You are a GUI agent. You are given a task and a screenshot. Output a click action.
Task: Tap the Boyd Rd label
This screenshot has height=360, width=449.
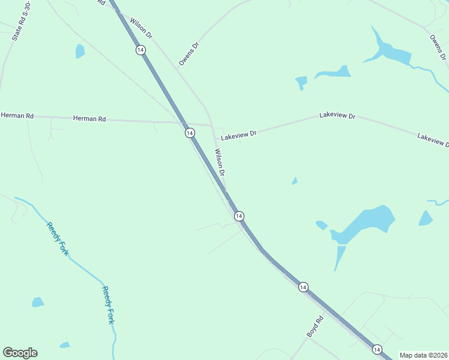(x=315, y=325)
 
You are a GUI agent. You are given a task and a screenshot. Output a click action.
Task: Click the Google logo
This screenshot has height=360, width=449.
(x=20, y=353)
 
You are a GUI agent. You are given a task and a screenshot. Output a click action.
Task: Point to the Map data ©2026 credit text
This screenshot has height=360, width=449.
(x=423, y=355)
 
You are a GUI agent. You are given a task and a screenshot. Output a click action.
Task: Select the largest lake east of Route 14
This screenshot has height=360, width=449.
(x=366, y=223)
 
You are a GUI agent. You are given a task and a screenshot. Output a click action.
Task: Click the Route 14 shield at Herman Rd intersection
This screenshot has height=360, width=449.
(x=189, y=133)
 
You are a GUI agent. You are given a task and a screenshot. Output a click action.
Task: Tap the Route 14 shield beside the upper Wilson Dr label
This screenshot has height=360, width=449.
(x=140, y=50)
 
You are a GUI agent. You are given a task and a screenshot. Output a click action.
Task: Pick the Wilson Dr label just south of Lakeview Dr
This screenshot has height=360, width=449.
(x=220, y=162)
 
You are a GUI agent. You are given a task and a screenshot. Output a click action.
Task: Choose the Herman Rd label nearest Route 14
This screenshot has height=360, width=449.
(x=89, y=119)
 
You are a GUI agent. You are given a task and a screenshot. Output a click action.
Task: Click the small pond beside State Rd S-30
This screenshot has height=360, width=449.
(x=80, y=52)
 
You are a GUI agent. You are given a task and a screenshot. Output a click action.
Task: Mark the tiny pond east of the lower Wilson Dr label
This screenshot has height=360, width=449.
(x=294, y=181)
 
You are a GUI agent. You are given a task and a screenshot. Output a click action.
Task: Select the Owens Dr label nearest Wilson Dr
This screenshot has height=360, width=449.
(x=188, y=53)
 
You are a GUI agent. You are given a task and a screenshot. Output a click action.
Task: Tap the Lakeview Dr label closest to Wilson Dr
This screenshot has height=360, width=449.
(x=238, y=136)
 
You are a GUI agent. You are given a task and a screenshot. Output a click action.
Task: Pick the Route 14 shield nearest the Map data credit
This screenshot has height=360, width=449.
(x=376, y=349)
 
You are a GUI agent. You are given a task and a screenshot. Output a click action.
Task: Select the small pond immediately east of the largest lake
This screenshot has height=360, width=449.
(x=426, y=218)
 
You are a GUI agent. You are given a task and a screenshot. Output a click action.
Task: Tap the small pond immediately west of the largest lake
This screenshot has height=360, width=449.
(x=322, y=225)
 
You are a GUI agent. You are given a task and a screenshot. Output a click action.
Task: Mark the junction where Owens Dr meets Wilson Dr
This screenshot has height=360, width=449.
(x=177, y=68)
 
